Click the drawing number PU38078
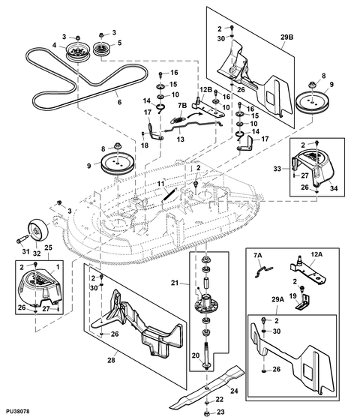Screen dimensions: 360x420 point(18,411)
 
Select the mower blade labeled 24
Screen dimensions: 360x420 point(207,387)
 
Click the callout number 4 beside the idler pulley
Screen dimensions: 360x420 point(54,45)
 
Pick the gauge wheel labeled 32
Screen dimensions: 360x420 point(39,231)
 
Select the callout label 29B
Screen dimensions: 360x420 point(286,37)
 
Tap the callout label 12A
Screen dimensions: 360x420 point(316,254)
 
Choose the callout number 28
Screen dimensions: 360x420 point(111,360)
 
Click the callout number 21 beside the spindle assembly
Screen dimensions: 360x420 point(175,283)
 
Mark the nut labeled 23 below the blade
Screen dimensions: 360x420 point(206,412)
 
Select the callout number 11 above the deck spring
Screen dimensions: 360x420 point(160,184)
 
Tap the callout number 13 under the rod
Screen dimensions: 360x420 point(181,139)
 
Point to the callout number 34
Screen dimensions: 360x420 point(334,188)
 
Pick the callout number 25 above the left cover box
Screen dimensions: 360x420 point(48,247)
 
